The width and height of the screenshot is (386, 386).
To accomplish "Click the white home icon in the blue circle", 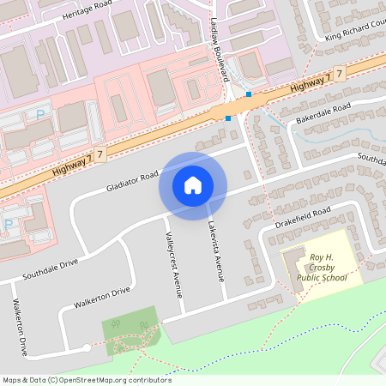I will click(193, 184).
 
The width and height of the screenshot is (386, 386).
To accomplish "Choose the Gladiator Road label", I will click(134, 181).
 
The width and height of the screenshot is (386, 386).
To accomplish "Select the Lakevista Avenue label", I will click(214, 250).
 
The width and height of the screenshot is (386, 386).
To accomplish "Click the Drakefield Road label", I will click(304, 218).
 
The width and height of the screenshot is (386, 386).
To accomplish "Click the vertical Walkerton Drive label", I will click(19, 327).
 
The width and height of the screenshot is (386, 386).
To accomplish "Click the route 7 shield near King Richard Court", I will click(341, 75).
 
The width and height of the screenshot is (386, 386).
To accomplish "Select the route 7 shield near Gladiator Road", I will click(100, 154).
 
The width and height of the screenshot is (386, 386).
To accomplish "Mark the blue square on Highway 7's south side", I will click(229, 118).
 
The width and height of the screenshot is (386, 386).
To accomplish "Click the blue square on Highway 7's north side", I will click(249, 93).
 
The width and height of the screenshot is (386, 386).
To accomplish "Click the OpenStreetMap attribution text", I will click(87, 380).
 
